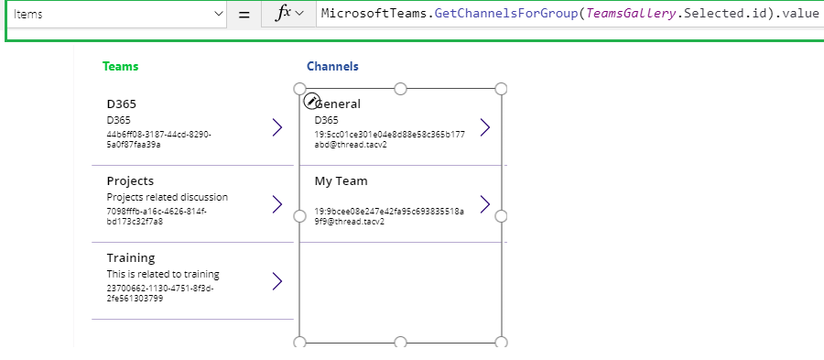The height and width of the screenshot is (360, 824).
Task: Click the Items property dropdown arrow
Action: click(x=218, y=15)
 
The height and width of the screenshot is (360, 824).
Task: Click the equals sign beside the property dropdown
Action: click(x=244, y=15)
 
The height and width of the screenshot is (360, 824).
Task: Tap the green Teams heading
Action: click(x=121, y=67)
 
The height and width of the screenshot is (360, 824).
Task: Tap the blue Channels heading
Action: click(x=332, y=67)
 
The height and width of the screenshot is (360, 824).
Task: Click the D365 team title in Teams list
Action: click(x=122, y=104)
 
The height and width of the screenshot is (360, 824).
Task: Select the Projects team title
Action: click(x=130, y=180)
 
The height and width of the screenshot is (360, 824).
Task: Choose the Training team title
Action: click(x=131, y=257)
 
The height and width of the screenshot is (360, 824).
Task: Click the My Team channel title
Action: click(x=341, y=180)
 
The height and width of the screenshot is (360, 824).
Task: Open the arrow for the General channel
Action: click(x=485, y=127)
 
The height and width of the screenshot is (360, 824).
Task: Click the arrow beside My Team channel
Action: click(x=485, y=203)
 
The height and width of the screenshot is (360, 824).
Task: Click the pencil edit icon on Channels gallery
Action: click(x=311, y=101)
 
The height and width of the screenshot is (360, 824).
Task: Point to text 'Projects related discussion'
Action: click(x=167, y=197)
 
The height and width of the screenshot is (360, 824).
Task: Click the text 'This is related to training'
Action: click(x=163, y=274)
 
